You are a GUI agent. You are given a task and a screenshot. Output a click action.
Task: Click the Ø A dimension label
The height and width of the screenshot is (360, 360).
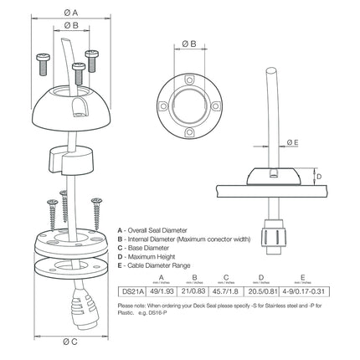(71, 12)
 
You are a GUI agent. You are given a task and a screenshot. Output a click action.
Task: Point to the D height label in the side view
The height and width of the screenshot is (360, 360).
(316, 175)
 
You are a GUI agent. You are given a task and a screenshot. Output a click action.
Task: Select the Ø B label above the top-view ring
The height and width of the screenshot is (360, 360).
(189, 41)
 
